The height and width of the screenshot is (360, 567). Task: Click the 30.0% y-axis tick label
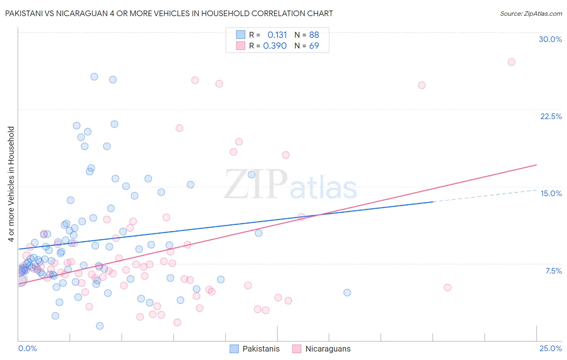(550, 39)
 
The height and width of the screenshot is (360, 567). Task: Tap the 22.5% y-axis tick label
(551, 116)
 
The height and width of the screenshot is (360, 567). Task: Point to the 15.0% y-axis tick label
(551, 193)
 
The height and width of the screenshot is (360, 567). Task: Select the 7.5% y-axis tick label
(553, 271)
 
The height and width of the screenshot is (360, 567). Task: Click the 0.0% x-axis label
(27, 348)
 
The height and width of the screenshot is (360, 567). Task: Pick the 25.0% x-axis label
(550, 348)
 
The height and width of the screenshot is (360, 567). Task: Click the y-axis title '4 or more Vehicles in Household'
(11, 184)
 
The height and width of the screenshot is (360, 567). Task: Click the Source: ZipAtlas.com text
(531, 14)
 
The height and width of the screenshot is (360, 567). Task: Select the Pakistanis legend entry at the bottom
(255, 349)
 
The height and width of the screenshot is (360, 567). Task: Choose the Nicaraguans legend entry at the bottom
(321, 349)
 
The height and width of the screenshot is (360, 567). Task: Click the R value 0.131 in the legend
(277, 35)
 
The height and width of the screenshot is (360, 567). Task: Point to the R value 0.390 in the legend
(275, 46)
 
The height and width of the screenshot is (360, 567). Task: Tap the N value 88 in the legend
(314, 35)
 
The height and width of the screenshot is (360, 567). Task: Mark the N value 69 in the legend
(314, 46)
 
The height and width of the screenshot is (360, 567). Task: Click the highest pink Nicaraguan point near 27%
(511, 62)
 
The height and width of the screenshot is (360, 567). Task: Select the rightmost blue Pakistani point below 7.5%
(347, 293)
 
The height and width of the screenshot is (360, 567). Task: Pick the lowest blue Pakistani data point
(100, 326)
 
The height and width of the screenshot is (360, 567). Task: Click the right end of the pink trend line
(536, 165)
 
